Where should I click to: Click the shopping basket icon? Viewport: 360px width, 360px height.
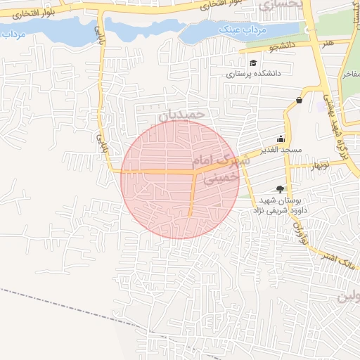[300, 100]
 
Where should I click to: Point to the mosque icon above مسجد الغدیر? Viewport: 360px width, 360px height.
[281, 139]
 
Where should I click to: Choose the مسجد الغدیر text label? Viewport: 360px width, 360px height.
[280, 150]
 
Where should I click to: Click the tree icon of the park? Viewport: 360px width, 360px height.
[281, 188]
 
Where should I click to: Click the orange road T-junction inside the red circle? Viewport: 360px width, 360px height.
[193, 171]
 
